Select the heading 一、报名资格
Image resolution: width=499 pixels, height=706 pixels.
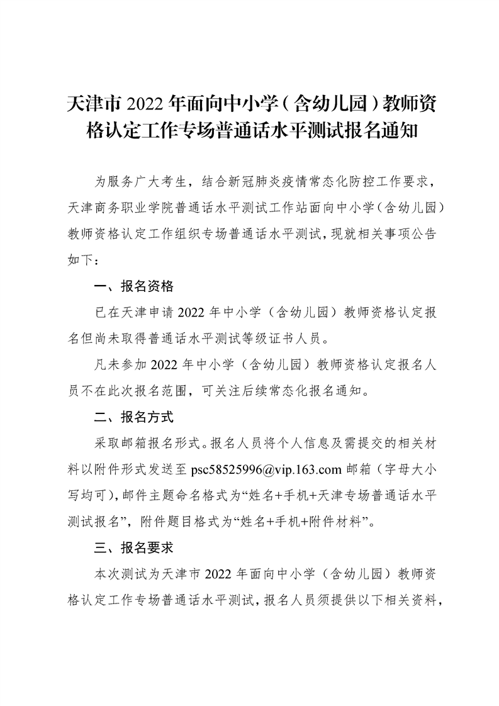[133, 286]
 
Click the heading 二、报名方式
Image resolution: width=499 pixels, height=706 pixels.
[133, 417]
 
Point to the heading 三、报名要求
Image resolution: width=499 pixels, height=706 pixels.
[133, 547]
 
